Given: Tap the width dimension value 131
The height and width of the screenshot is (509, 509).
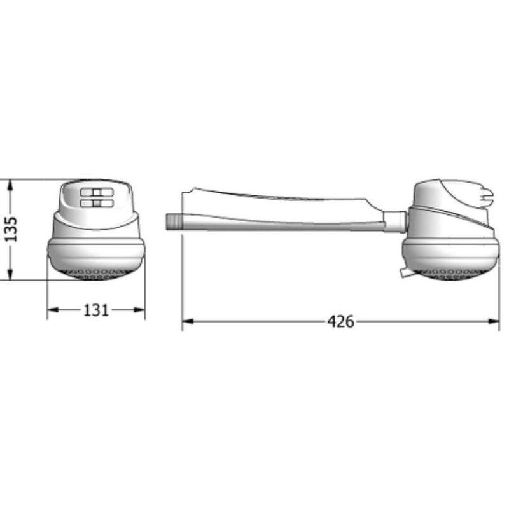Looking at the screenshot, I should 96,310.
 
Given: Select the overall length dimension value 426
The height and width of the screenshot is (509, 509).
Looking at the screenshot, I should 340,322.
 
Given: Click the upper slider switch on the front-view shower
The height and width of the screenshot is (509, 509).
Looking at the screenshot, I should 96,193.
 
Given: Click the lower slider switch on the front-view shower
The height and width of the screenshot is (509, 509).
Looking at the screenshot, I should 96,204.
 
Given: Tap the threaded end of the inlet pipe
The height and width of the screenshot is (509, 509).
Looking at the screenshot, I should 173,221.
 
